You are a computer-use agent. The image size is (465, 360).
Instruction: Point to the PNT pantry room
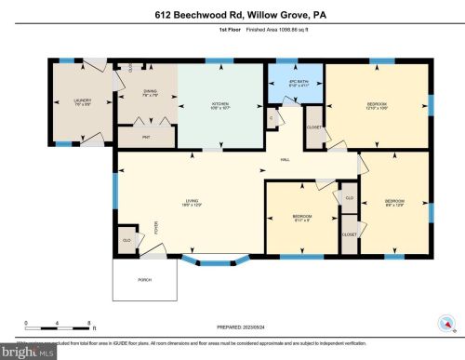point(145,136)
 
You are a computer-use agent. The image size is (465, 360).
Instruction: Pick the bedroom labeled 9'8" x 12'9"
point(394,202)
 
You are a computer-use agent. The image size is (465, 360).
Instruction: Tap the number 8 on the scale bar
point(89,322)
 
